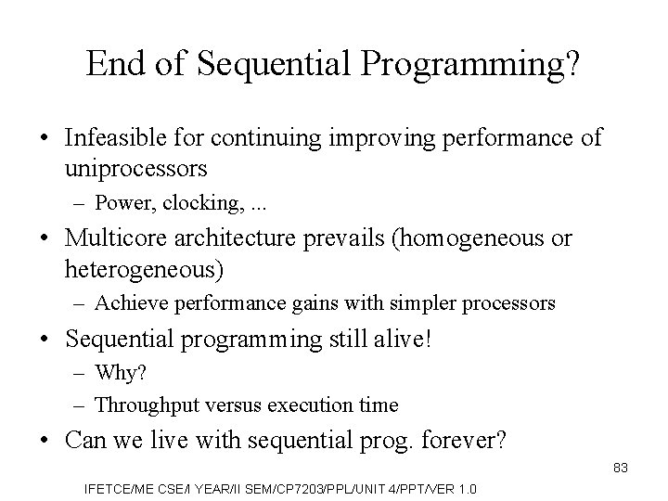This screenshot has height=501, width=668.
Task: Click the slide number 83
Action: tap(620, 469)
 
